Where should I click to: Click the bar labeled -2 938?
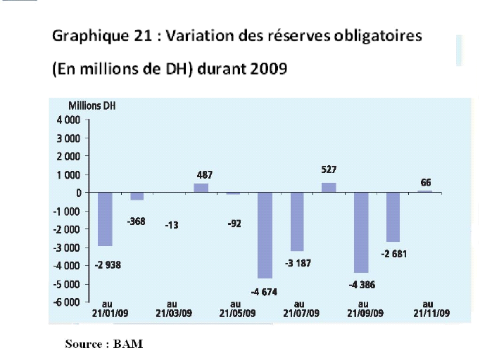pos(105,219)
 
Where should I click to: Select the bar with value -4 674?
pos(265,235)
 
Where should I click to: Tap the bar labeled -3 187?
pos(297,221)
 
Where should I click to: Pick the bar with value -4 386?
pos(361,232)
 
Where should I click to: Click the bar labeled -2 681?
pos(393,217)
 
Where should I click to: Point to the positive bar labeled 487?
pos(201,188)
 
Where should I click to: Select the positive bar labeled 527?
pos(329,187)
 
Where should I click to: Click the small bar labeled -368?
pos(137,196)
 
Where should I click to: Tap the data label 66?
pos(426,182)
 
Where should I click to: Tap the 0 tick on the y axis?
pos(77,193)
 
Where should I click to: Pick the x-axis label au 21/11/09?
pos(427,309)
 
